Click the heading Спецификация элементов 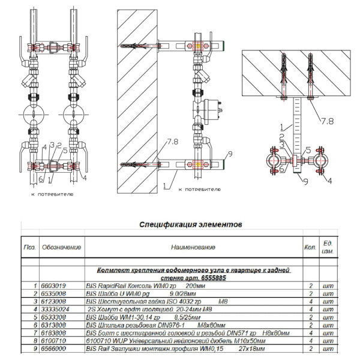[191, 225]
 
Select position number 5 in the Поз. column [35, 317]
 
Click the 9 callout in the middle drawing [229, 154]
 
